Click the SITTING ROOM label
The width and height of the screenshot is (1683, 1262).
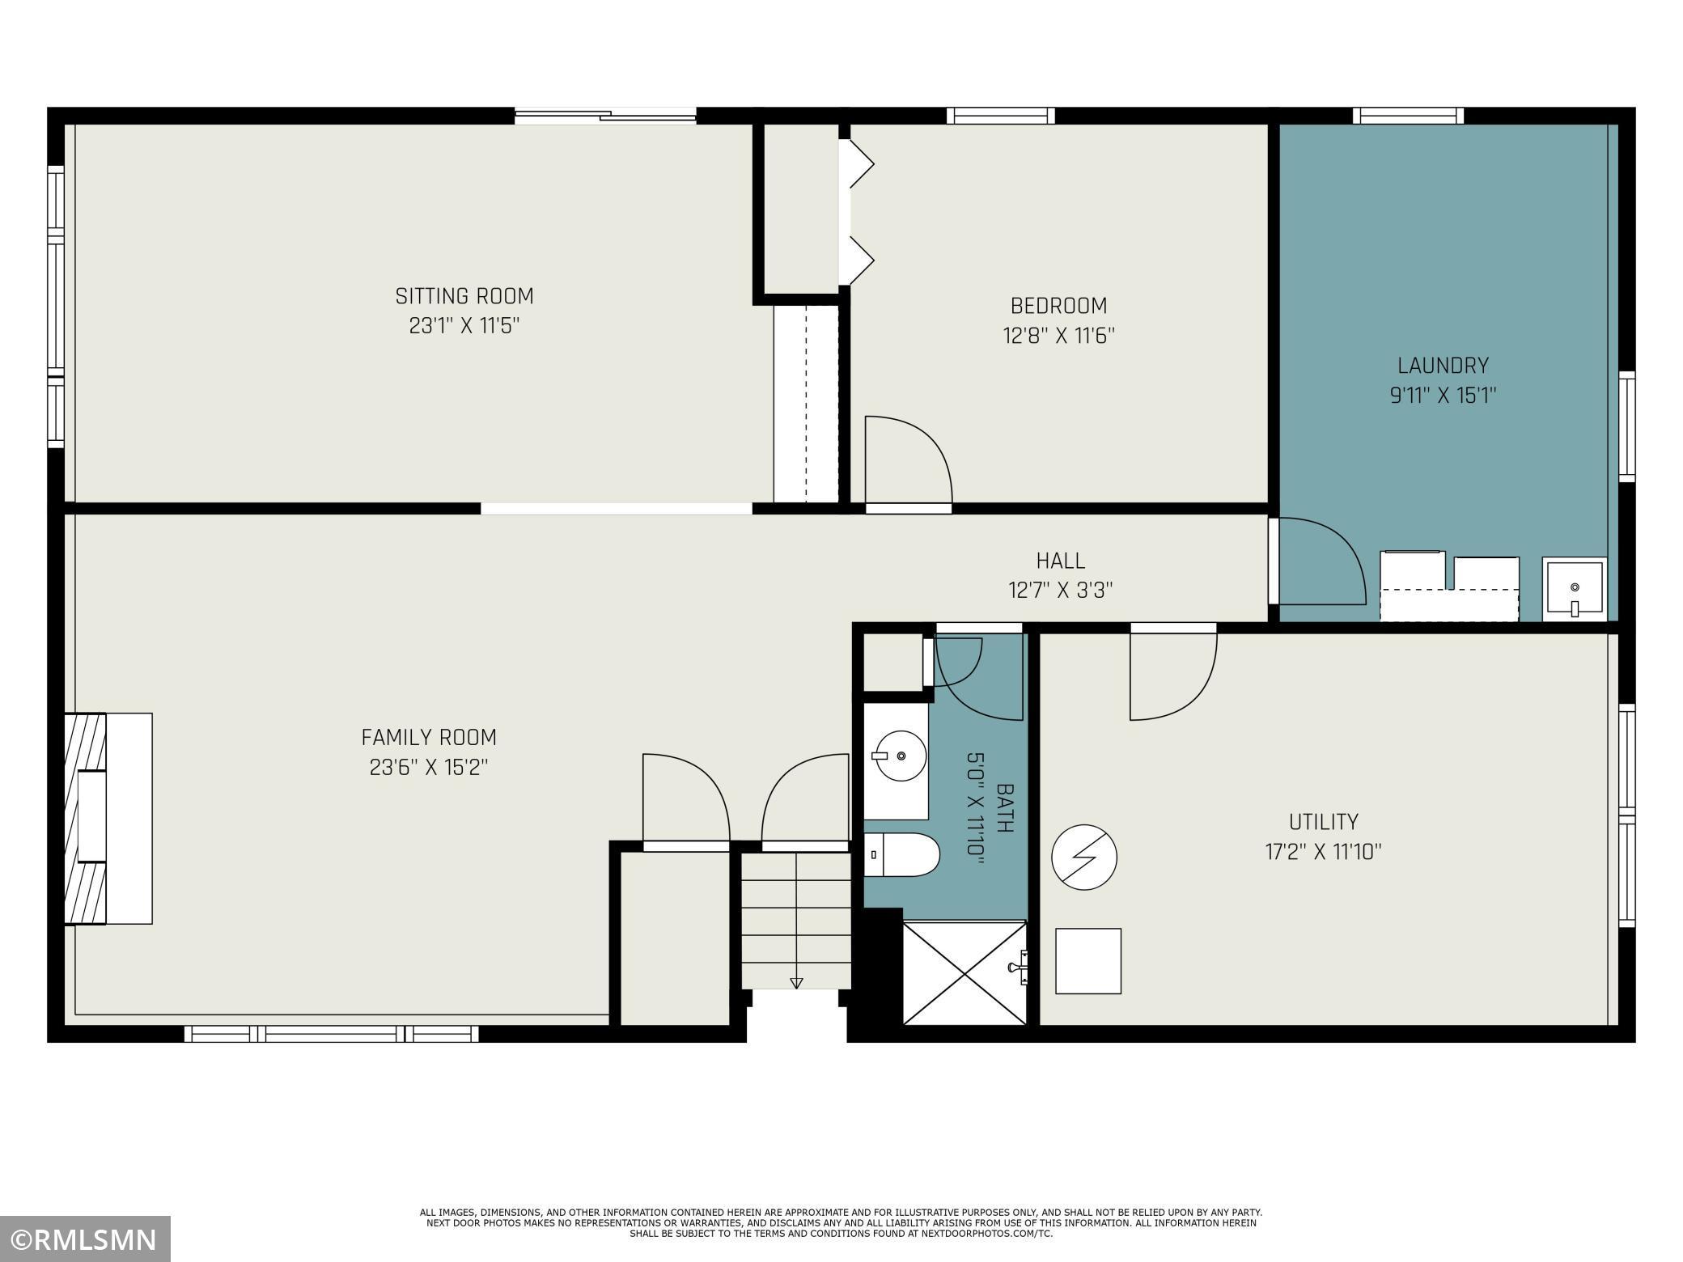tap(464, 296)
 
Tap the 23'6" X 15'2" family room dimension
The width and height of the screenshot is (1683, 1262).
tap(429, 767)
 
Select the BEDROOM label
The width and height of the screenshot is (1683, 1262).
tap(1058, 306)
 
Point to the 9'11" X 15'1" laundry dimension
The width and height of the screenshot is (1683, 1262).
tap(1443, 396)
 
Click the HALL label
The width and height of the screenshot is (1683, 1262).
tap(1060, 560)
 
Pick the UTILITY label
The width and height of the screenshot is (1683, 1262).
tap(1323, 822)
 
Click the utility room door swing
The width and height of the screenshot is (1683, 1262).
tap(1172, 675)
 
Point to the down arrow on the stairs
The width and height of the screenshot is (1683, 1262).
tap(796, 983)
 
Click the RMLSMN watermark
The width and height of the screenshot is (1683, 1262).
tap(85, 1239)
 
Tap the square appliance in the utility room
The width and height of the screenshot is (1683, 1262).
tap(1088, 961)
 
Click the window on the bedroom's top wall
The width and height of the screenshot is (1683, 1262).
tap(1001, 116)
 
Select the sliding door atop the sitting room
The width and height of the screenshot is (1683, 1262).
tap(605, 116)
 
